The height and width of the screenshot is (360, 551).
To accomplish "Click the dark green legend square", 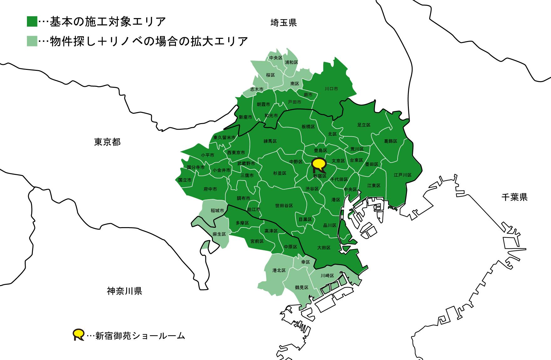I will coord(32,21).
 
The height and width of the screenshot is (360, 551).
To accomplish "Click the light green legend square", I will coord(32,41).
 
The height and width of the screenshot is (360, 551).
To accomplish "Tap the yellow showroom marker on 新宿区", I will coord(319,164).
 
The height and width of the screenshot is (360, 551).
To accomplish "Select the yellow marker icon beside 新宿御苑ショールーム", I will coord(78,334).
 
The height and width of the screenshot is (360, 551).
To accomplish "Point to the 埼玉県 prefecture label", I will coord(283,23).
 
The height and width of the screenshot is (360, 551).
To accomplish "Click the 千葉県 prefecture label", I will coord(514,197).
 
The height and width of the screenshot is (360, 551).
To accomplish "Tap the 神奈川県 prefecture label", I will coord(124,291).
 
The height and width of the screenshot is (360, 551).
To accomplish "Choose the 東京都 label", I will coord(107,142).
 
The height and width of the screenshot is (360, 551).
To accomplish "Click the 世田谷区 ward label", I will coord(284,206).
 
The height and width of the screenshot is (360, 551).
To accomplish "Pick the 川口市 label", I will coord(331,89).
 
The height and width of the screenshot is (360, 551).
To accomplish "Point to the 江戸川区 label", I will coord(403,175).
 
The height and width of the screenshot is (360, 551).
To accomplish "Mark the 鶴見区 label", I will coord(301,287).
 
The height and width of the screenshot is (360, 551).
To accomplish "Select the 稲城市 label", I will coord(217,211).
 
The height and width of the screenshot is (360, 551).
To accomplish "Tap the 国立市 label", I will coord(185,180).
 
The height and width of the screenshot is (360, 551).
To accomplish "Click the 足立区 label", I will coord(364,125).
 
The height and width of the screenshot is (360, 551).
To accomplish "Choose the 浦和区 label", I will coord(291,62).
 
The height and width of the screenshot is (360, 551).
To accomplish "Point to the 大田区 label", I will coord(324,248).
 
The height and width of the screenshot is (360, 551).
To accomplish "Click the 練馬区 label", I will coord(270,141).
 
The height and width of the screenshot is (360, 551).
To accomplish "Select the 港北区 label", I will coord(279,270).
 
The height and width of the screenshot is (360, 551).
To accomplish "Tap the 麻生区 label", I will coord(219,234).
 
